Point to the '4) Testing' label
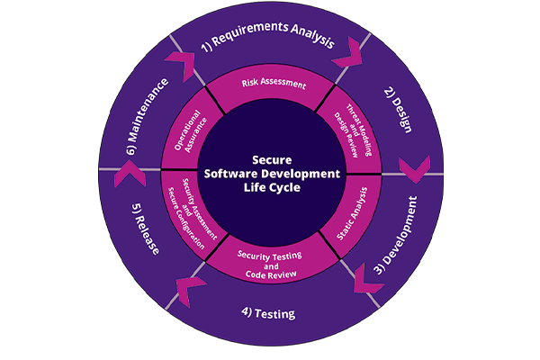(x=268, y=314)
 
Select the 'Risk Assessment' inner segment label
(x=274, y=84)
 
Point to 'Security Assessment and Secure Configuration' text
(x=192, y=214)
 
